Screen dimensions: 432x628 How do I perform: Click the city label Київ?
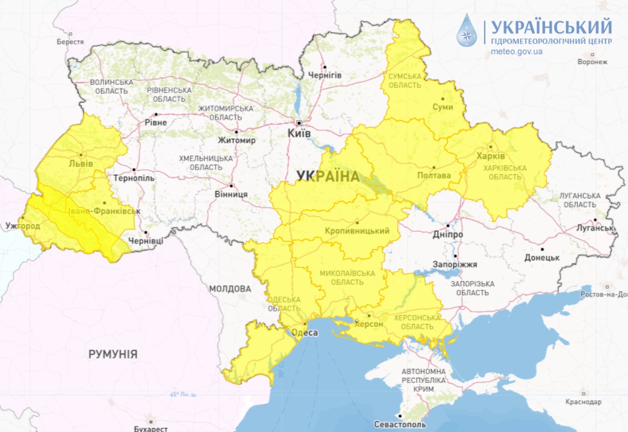click(299, 133)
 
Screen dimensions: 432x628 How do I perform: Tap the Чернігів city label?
click(325, 76)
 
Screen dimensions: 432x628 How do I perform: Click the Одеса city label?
click(305, 333)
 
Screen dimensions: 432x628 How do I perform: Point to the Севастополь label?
click(400, 424)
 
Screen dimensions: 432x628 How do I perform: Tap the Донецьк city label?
click(542, 257)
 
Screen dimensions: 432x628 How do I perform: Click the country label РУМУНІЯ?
click(113, 354)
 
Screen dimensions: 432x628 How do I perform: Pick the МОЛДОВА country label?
click(230, 289)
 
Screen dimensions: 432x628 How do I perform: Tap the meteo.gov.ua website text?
click(517, 51)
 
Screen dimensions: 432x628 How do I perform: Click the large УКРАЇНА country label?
click(328, 176)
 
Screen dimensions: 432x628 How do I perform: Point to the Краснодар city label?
click(583, 402)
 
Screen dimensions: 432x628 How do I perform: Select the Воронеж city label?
click(593, 61)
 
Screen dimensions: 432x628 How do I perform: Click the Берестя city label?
click(70, 42)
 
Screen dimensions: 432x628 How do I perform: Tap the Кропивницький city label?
click(357, 231)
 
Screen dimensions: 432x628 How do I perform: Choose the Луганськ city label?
click(596, 227)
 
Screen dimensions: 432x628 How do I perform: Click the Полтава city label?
click(433, 175)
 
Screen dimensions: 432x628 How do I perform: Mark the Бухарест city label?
click(151, 428)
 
